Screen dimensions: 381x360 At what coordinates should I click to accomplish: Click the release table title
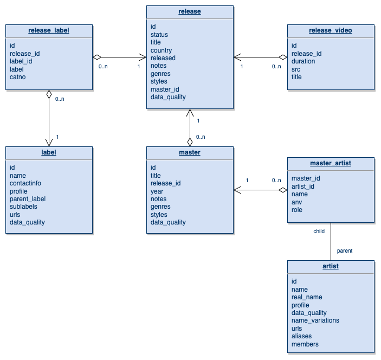[x=190, y=11]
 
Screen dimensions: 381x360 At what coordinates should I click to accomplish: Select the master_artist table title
[x=331, y=163]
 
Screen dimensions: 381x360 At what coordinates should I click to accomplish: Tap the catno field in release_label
[x=17, y=77]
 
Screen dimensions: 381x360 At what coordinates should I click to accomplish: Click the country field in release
[x=161, y=50]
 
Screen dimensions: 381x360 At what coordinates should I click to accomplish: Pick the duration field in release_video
[x=303, y=61]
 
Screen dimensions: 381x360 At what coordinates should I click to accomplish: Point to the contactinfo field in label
[x=25, y=183]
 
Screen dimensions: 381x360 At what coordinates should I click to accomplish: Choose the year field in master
[x=157, y=191]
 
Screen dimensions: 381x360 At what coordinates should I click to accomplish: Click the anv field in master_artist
[x=296, y=202]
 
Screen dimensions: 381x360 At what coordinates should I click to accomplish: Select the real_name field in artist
[x=307, y=297]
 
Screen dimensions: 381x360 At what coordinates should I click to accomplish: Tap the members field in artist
[x=305, y=344]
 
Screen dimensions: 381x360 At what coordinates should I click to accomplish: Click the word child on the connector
[x=319, y=231]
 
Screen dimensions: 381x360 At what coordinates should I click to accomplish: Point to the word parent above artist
[x=345, y=251]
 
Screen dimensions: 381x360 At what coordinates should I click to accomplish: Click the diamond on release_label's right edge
[x=97, y=57]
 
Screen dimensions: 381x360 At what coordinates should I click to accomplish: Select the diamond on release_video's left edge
[x=283, y=57]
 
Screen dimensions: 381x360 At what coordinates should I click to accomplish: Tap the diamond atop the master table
[x=190, y=142]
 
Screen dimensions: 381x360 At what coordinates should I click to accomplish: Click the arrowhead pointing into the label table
[x=49, y=143]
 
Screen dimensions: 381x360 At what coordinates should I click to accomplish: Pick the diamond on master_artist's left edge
[x=283, y=190]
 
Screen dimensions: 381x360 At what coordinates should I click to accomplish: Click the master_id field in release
[x=165, y=89]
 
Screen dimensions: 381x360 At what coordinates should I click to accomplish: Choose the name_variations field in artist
[x=315, y=320]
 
